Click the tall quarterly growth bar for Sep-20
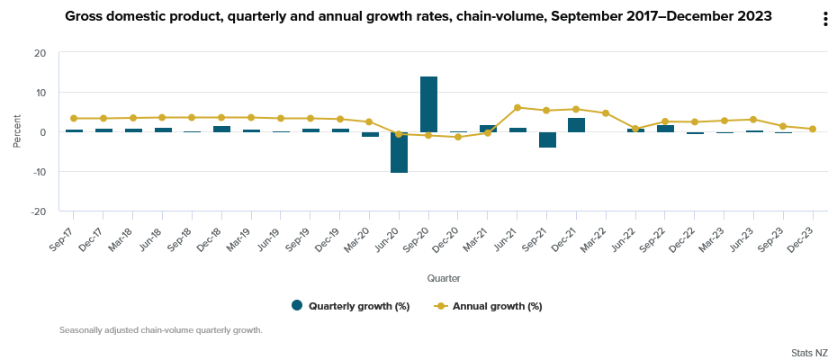coord(428,104)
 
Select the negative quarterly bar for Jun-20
coord(399,152)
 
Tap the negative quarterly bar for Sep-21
coord(547,139)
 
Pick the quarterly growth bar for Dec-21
coord(577,125)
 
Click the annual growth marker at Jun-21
coord(517,108)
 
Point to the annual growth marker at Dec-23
coord(813,129)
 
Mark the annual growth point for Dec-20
coord(458,137)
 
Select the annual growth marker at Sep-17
coord(74,118)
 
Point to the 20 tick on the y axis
coord(40,53)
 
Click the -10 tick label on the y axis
coord(38,172)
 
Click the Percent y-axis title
coord(16,132)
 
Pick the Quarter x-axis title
coord(444,278)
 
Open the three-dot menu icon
coord(825,20)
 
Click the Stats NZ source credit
coord(809,352)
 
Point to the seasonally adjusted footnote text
coord(160,330)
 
